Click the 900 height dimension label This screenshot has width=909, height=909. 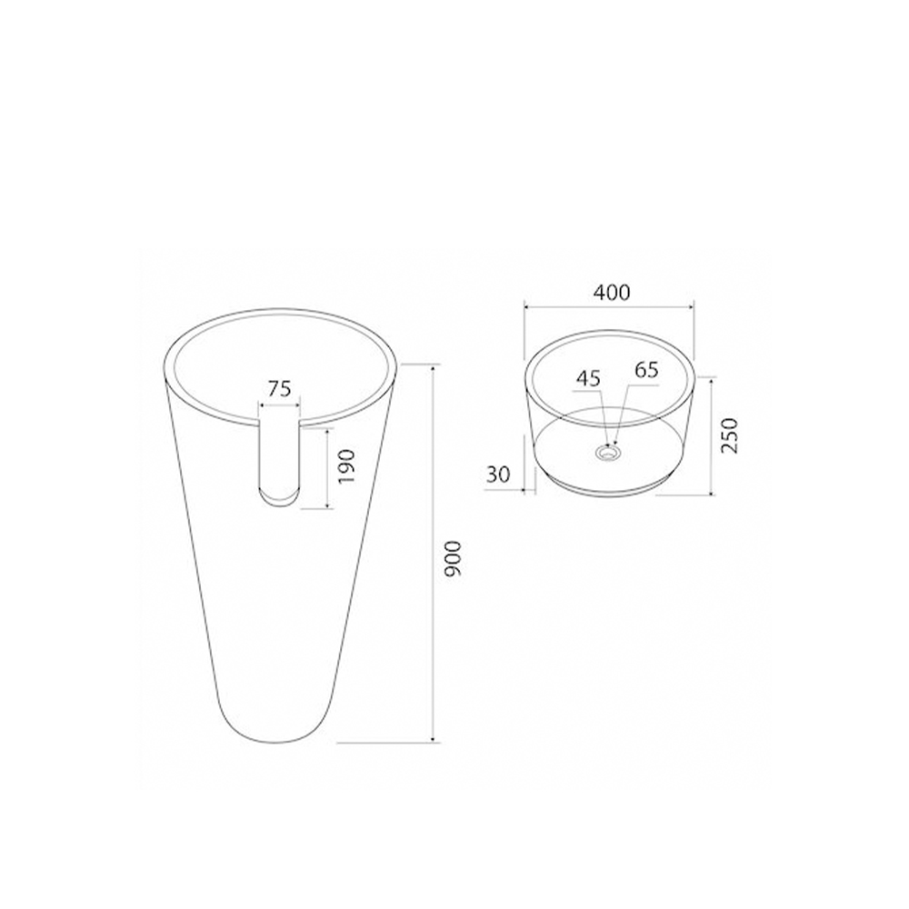click(452, 558)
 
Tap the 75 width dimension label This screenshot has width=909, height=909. click(279, 388)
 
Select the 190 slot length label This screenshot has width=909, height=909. click(346, 467)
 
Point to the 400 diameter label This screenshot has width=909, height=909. click(611, 293)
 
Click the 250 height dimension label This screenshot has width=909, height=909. click(730, 435)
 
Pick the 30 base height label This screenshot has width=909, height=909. click(498, 474)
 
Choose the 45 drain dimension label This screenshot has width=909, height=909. click(588, 378)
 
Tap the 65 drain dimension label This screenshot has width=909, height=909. click(647, 370)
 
